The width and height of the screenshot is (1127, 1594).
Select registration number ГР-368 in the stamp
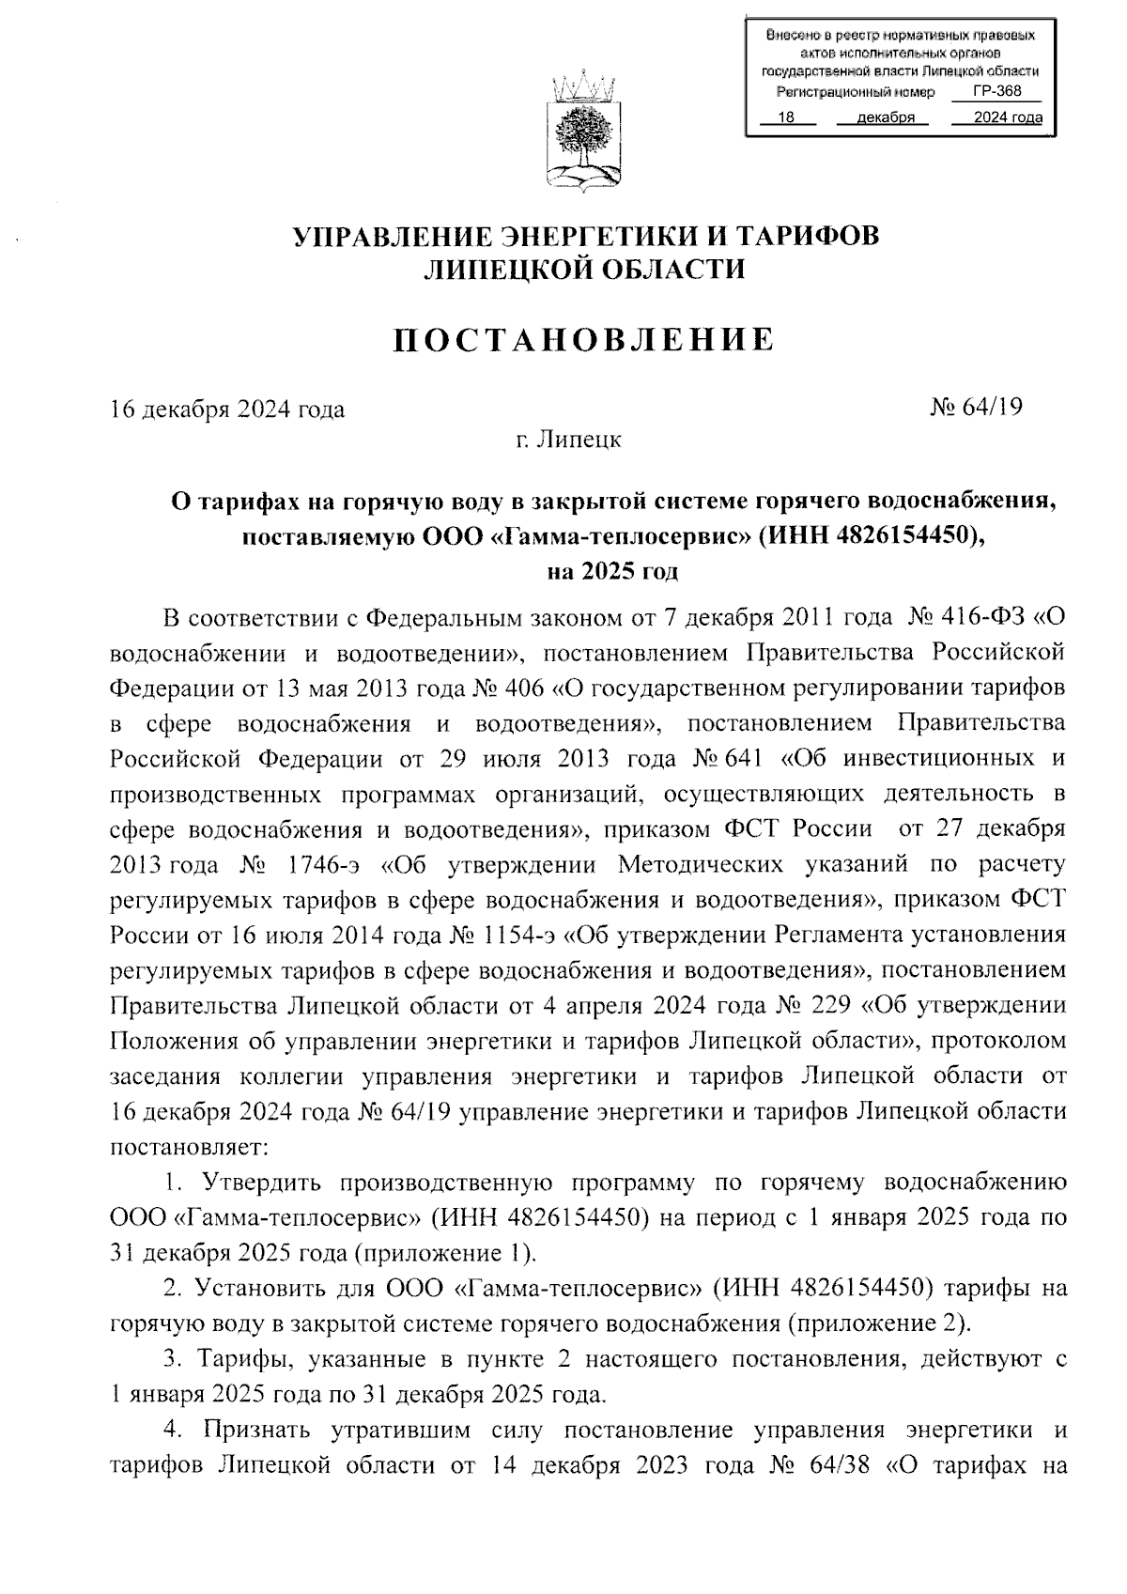coord(996,91)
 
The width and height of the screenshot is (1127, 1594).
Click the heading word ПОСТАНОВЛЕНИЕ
coord(583,339)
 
